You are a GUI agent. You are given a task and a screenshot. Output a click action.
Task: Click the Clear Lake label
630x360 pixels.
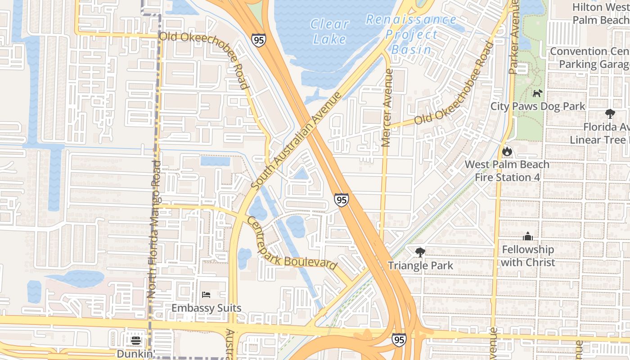[x=329, y=31]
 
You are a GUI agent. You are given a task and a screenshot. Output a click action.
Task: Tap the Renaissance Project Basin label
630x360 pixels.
[x=411, y=34]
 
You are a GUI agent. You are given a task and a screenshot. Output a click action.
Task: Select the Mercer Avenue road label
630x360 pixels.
[x=387, y=108]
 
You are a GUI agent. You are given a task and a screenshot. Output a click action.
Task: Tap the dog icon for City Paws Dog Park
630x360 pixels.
[x=537, y=93]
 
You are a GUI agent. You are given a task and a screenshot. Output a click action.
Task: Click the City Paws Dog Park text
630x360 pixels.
[x=538, y=106]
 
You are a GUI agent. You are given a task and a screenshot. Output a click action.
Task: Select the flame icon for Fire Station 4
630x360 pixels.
[x=507, y=152]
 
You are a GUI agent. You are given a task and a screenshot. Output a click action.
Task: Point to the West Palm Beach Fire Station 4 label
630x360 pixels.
[x=507, y=171]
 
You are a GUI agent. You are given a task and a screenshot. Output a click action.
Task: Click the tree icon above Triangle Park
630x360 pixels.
[x=420, y=252]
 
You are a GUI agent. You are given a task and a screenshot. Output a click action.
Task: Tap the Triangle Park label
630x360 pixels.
[x=420, y=265]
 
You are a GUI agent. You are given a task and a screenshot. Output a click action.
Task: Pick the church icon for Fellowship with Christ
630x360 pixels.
[x=528, y=236]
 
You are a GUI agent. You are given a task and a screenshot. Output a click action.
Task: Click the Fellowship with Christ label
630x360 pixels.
[x=528, y=256]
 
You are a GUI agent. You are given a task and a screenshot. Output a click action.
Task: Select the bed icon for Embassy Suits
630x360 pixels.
[x=206, y=295]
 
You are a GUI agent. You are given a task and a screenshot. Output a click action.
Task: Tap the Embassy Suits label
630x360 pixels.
[x=207, y=308]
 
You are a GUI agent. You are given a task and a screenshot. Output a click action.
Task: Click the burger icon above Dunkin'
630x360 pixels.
[x=136, y=341]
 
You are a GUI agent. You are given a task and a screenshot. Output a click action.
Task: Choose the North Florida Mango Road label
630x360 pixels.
[x=153, y=229]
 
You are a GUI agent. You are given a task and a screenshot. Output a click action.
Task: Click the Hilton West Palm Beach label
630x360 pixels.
[x=601, y=13]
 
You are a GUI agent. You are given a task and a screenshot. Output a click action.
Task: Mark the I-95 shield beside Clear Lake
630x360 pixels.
[x=259, y=40]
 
